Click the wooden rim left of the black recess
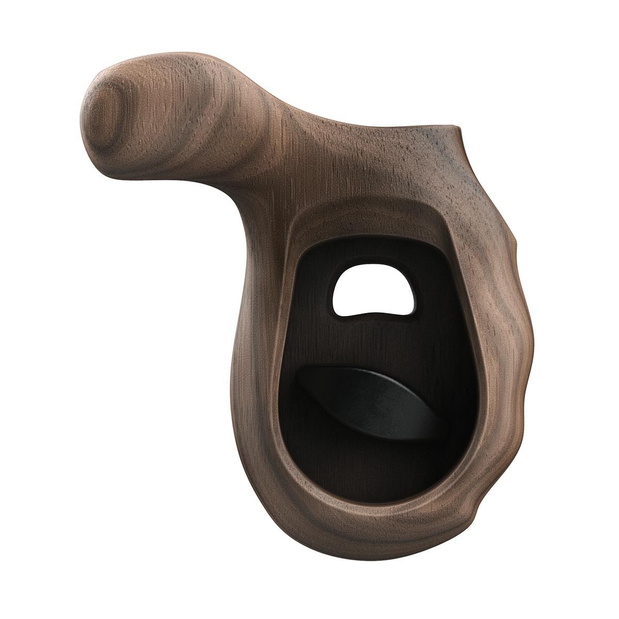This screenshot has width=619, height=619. [258, 361]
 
